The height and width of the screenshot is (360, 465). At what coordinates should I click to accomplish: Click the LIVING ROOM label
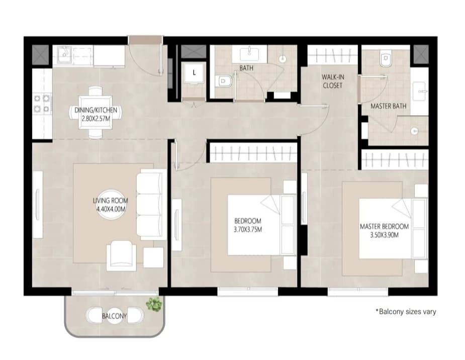pos(110,201)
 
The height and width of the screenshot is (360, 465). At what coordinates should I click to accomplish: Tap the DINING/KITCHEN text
pos(96,110)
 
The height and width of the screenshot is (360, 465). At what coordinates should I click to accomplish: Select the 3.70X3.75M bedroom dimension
pos(248,229)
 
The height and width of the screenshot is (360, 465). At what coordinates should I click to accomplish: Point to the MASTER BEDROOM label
pos(385,227)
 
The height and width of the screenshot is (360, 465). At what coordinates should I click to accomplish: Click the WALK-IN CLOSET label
pos(333,81)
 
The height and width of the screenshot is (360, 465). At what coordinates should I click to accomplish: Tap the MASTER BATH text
pos(389,106)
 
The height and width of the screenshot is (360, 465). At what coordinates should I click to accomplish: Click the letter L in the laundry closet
pos(194,72)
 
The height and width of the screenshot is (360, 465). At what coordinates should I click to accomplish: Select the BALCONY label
pos(114,316)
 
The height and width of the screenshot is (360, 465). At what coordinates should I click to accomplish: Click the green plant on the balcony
pos(154,304)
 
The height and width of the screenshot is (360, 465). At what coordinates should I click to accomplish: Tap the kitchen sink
pos(64,54)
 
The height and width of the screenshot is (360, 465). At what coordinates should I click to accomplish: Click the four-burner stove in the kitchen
pos(42,104)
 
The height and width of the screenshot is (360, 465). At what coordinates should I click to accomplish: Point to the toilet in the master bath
pos(386,60)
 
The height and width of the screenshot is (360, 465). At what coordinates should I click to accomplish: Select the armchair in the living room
pos(121,255)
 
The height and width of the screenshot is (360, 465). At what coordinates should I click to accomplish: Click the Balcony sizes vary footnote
pos(406,312)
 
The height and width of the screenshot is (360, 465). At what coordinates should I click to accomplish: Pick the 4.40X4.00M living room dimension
pos(111,209)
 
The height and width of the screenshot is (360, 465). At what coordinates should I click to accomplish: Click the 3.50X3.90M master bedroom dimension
pos(385,235)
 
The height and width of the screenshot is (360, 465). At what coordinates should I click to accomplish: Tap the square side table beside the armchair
pos(153,257)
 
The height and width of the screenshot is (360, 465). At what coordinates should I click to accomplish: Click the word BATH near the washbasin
pos(246,68)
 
